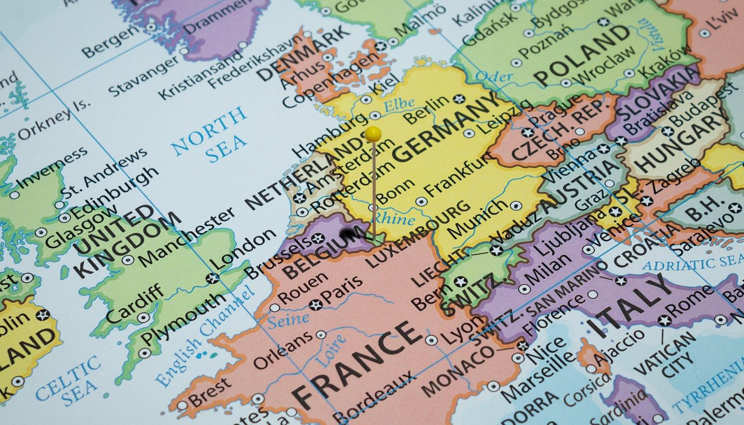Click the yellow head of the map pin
pyautogui.click(x=373, y=133)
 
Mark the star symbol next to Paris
pyautogui.click(x=316, y=304)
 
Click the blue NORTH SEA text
pyautogui.click(x=210, y=135)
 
